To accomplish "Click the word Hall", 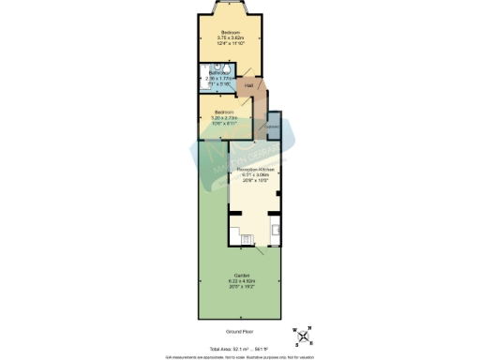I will point(248,86).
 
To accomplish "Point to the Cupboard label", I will point(272,127).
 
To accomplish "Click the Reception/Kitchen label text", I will point(255,170).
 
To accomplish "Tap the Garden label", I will point(241,276).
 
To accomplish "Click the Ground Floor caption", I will point(240,331).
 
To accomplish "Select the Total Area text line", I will point(240,346).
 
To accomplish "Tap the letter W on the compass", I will point(295,330).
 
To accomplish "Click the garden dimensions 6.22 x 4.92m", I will point(241,281).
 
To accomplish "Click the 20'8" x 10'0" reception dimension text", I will point(255,181).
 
